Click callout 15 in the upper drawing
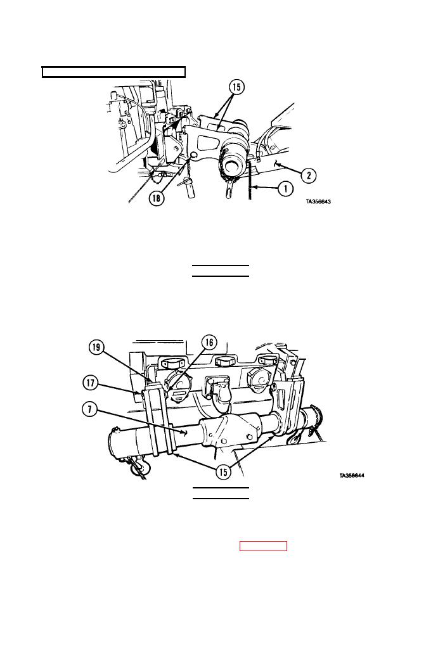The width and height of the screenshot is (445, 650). pos(236,87)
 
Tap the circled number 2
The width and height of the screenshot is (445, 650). pos(309,175)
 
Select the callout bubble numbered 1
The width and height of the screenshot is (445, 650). pos(285,189)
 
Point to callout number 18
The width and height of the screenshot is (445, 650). pos(157,198)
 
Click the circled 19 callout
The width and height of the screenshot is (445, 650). pos(96,347)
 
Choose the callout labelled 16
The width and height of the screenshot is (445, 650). pos(209,342)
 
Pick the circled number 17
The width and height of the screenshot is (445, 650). pos(91,382)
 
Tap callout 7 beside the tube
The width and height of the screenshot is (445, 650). pos(89,410)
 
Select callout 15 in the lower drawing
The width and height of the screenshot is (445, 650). pos(223,472)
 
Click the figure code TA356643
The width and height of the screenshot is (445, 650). pos(318,202)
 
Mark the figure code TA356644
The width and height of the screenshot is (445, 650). pos(352,476)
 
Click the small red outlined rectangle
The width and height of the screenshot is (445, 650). pos(263,546)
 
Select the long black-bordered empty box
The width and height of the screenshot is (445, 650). pos(113,72)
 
